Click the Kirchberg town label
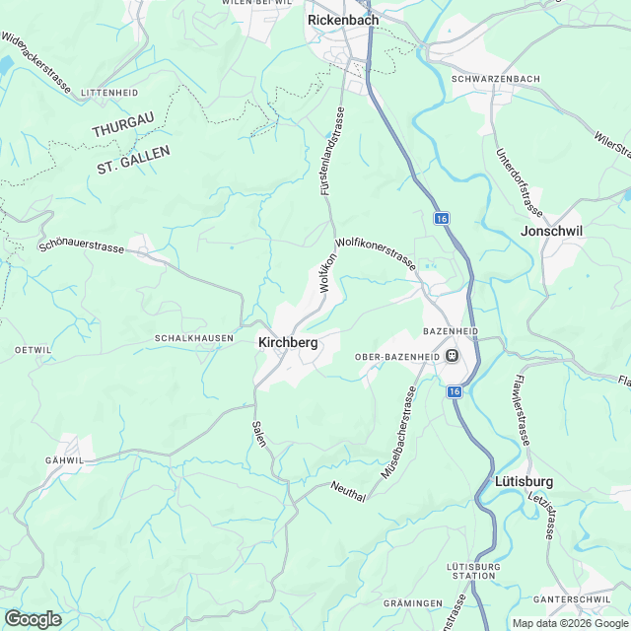tap(288, 342)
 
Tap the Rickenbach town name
tap(343, 19)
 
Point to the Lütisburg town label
tap(523, 482)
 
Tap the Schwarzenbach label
tap(494, 79)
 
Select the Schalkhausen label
tap(194, 338)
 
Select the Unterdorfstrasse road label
tap(520, 181)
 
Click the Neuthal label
tap(349, 492)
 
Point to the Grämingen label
tap(412, 602)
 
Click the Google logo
tap(33, 618)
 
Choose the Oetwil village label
tap(33, 350)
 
